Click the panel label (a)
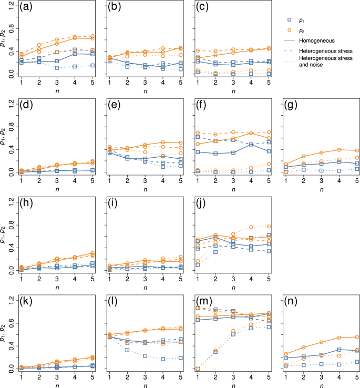[25, 9]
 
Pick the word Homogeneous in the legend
[316, 40]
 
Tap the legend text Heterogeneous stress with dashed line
[323, 49]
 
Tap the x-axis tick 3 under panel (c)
[233, 83]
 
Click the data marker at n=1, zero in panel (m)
[197, 369]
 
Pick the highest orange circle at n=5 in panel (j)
[269, 226]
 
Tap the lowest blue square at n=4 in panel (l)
[162, 359]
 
